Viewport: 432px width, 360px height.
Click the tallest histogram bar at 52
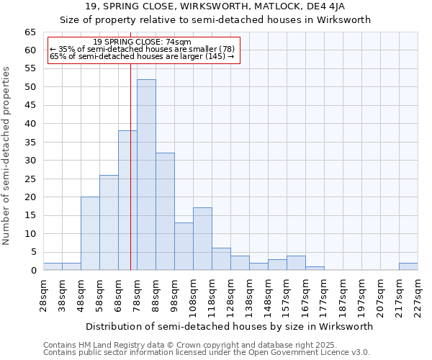click(146, 175)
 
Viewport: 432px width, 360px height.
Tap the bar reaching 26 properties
click(109, 222)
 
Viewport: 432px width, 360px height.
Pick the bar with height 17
click(202, 239)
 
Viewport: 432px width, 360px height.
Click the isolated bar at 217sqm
click(408, 266)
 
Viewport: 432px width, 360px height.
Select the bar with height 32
click(165, 212)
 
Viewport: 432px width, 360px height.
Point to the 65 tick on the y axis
click(30, 32)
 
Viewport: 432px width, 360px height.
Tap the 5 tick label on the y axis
click(33, 252)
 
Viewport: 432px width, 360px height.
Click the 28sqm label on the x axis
click(43, 292)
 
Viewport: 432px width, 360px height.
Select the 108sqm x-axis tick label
click(193, 294)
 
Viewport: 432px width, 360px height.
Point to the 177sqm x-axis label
click(324, 294)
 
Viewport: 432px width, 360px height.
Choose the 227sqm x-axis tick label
click(418, 294)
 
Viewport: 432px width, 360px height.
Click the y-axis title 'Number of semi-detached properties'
click(7, 156)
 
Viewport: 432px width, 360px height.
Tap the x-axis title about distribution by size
click(230, 326)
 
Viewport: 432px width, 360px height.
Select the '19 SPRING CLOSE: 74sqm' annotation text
click(143, 42)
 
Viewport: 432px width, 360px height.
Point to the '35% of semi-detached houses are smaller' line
click(143, 49)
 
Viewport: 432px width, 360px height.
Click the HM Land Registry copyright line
click(205, 345)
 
